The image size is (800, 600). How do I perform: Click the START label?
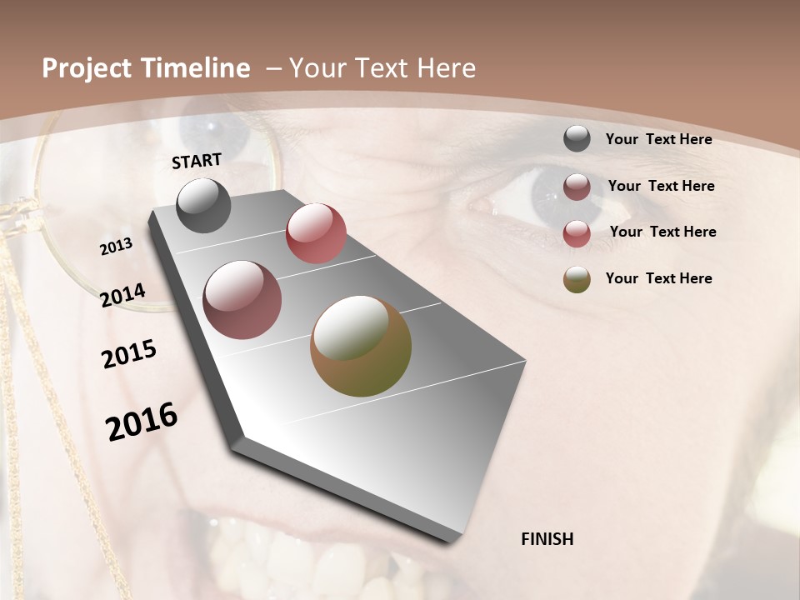coord(197,161)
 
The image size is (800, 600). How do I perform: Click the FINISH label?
coord(547,539)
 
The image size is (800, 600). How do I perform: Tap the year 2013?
coord(116,247)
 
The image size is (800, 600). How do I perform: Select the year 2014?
coord(122,296)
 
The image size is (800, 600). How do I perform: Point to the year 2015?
coord(129,354)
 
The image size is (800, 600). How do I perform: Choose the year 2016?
coord(142,422)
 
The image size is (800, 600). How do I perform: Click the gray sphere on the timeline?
coord(203,205)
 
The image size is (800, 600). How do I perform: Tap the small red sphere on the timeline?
coord(316,233)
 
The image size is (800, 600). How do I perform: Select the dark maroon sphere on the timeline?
coord(242,300)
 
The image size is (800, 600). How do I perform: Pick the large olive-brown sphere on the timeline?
coord(361,346)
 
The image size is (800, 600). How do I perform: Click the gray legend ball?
coord(577,139)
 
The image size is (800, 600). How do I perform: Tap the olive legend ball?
coord(577,279)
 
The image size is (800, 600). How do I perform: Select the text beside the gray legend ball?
coord(658,140)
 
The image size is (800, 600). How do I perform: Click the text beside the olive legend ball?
coord(658,278)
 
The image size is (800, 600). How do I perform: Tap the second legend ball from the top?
coord(577,187)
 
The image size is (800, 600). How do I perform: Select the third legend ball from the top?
coord(577,233)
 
